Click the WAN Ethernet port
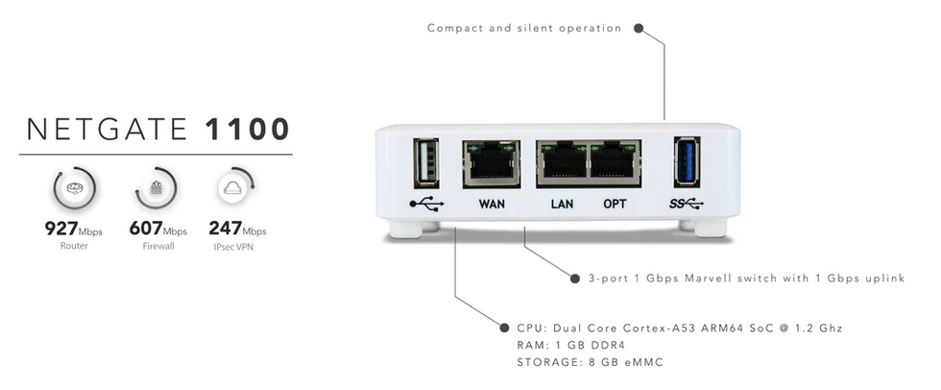click(x=492, y=164)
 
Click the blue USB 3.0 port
click(x=687, y=162)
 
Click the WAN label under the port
click(x=492, y=204)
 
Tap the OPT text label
click(x=615, y=204)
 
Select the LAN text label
click(x=562, y=204)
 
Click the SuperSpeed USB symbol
click(x=687, y=204)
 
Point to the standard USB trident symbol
click(x=426, y=204)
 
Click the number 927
click(x=61, y=228)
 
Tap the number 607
click(x=146, y=228)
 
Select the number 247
click(x=225, y=228)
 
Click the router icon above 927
click(x=75, y=188)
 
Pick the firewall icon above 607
click(x=156, y=188)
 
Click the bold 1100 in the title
click(x=248, y=130)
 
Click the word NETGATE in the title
click(x=108, y=130)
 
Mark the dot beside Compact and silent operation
click(x=639, y=28)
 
